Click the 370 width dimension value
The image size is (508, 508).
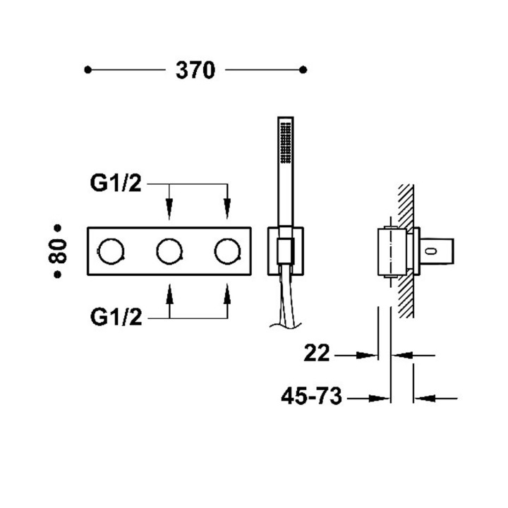click(195, 70)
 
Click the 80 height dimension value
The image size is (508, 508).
click(59, 250)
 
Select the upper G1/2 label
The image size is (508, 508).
click(116, 185)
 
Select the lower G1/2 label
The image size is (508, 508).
click(116, 317)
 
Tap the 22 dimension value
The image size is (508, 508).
click(317, 353)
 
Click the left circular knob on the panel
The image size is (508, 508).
click(111, 250)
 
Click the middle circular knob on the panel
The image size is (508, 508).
click(169, 250)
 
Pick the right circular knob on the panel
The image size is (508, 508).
click(226, 250)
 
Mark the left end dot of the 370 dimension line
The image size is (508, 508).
click(87, 70)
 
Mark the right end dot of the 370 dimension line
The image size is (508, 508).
click(303, 70)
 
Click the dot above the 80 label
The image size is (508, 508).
click(59, 227)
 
